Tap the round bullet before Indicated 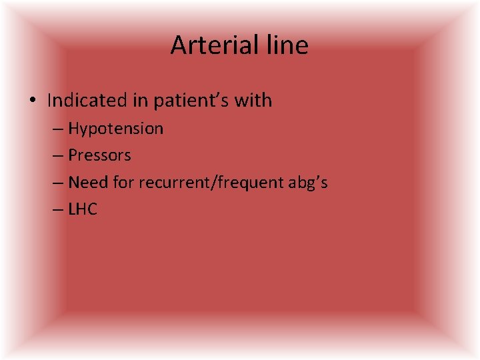coord(33,101)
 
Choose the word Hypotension coord(115,129)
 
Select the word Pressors coord(99,155)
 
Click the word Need coord(84,182)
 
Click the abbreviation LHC coord(83,209)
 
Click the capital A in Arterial coord(179,45)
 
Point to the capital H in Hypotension coord(73,129)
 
